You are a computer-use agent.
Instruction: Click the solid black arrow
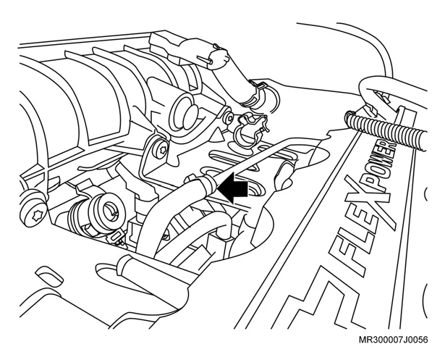[233, 188]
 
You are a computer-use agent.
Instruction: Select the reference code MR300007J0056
[393, 340]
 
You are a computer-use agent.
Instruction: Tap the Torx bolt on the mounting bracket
[163, 148]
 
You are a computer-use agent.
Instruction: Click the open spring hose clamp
[250, 128]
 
